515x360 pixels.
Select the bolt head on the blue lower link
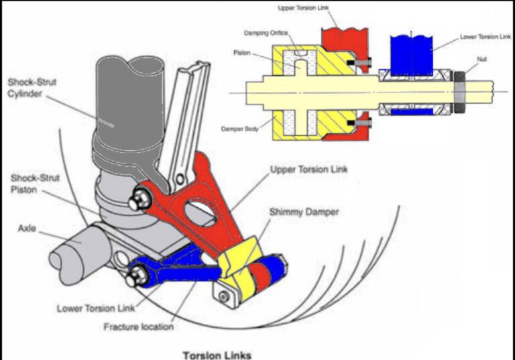point(141,274)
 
